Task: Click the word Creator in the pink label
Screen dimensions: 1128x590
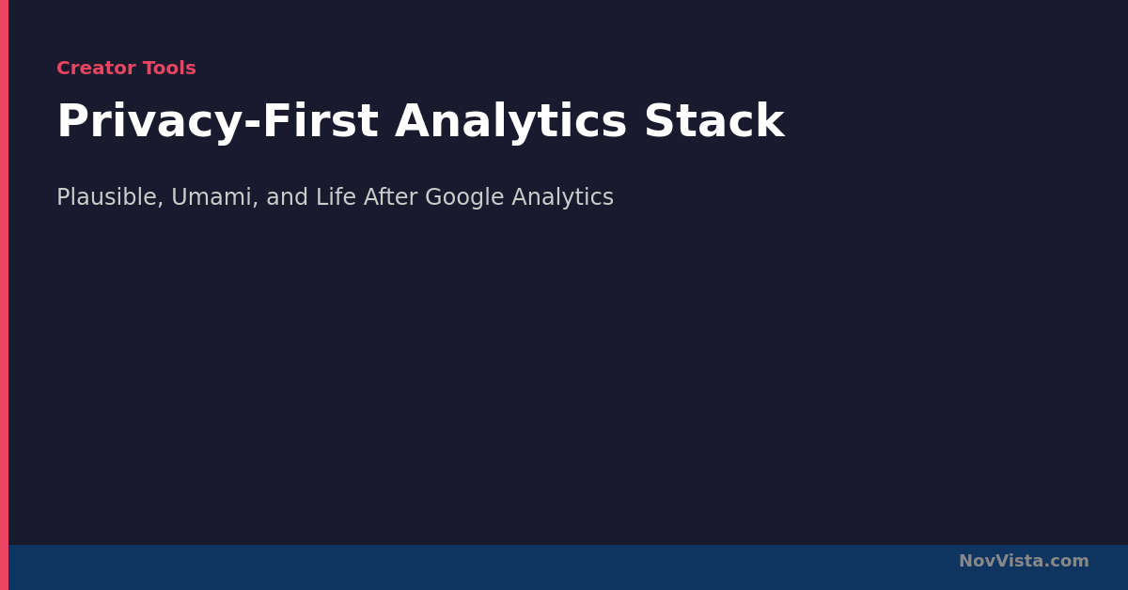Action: tap(96, 68)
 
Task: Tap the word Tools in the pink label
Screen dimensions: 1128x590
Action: tap(169, 68)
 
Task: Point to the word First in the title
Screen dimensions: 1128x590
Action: tap(321, 121)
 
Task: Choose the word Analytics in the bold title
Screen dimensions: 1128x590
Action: tap(510, 122)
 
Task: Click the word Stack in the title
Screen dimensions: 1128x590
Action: tap(714, 121)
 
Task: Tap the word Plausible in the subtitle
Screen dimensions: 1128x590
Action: tap(107, 197)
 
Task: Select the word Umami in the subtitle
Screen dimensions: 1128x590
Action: tap(211, 197)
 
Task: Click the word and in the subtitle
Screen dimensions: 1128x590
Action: tap(287, 197)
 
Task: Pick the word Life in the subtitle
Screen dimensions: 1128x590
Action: tap(336, 197)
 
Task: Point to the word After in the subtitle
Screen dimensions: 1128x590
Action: tap(391, 197)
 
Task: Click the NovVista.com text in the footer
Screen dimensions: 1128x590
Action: tap(1024, 561)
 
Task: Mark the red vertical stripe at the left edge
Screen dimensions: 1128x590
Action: tap(4, 295)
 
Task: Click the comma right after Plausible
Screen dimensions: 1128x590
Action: tap(161, 204)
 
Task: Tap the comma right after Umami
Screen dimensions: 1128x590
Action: tap(255, 204)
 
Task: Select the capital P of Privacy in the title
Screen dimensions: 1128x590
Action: tap(72, 121)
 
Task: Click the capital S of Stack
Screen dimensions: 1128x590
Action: tap(660, 121)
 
